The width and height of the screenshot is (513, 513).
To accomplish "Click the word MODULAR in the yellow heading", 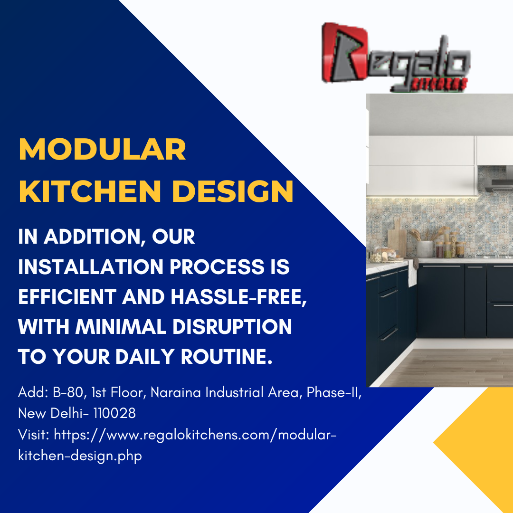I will [102, 150].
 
